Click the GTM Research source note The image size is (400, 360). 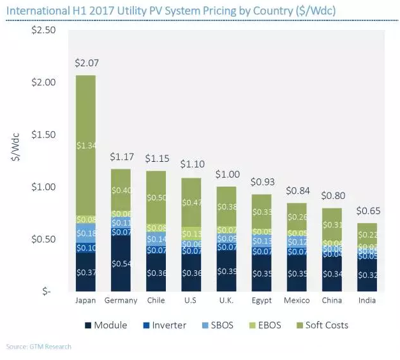[39, 347]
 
